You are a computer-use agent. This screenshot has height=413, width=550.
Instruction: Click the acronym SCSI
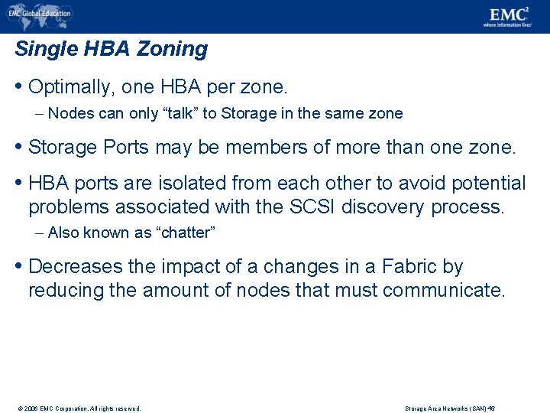312,207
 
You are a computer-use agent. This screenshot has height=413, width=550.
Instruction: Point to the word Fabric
409,267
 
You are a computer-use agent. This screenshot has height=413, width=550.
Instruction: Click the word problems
64,207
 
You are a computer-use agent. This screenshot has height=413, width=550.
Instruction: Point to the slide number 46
492,408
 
